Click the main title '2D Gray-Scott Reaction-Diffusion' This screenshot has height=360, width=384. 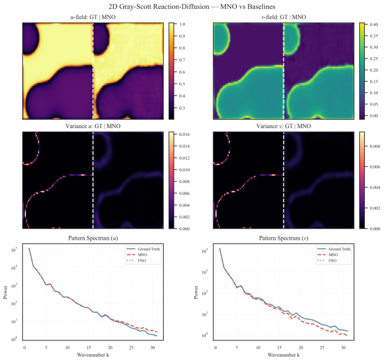[x=159, y=7]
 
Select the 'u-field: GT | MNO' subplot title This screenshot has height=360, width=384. [x=93, y=17]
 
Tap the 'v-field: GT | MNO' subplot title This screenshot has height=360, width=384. [x=283, y=17]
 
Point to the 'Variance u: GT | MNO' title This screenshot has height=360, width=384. [x=93, y=126]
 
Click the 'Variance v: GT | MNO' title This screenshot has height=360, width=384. [x=283, y=126]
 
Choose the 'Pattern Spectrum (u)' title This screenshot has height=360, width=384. [x=93, y=238]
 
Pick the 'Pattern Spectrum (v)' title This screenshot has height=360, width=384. [x=283, y=238]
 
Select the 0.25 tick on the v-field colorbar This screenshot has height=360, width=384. [x=374, y=59]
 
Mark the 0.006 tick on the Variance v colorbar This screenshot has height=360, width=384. [x=375, y=167]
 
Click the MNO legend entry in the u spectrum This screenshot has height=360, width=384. [x=143, y=255]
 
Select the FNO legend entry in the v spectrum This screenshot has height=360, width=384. [x=333, y=261]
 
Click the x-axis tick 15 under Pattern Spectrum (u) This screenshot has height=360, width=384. [x=89, y=348]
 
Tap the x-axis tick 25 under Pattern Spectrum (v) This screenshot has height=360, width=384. [x=322, y=348]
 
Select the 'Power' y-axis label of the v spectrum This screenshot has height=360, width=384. [x=196, y=292]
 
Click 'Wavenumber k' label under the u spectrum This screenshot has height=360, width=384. [x=93, y=355]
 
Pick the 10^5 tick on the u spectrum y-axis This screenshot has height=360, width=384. [x=13, y=250]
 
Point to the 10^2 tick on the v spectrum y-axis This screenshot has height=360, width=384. [x=205, y=293]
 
